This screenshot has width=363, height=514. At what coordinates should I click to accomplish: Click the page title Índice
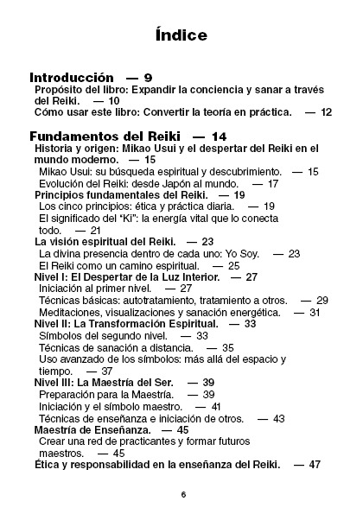click(x=181, y=35)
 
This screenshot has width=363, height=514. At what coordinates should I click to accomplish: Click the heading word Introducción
click(x=72, y=78)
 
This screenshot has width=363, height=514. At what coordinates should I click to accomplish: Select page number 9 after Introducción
click(x=149, y=78)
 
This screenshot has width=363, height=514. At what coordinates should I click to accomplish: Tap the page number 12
click(x=325, y=112)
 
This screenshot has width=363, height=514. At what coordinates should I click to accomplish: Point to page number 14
click(x=218, y=136)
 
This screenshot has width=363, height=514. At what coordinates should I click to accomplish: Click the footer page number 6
click(x=183, y=494)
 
